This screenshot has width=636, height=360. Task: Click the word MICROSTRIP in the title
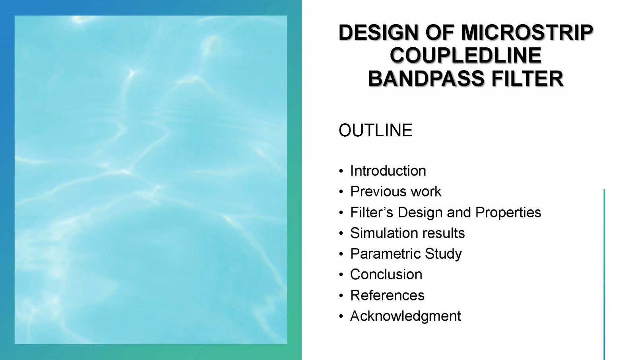pos(527,32)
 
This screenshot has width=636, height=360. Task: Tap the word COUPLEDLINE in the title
pos(465,55)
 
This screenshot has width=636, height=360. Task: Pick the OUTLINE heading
pos(375,130)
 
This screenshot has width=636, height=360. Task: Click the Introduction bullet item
pos(388,171)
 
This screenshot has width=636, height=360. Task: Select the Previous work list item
pos(396,192)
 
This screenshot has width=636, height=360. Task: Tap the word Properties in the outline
pos(508,212)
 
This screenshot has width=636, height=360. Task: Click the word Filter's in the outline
pos(372,212)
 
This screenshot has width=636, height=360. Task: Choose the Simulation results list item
pos(407,233)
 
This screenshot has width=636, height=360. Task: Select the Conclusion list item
pos(386,275)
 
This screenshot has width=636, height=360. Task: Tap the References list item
pos(387,295)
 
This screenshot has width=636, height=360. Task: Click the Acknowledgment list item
pos(405,316)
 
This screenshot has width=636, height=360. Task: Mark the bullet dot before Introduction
pos(341,171)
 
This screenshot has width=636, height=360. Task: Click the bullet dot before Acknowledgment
pos(341,316)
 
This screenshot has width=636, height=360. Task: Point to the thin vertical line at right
pos(604,274)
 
